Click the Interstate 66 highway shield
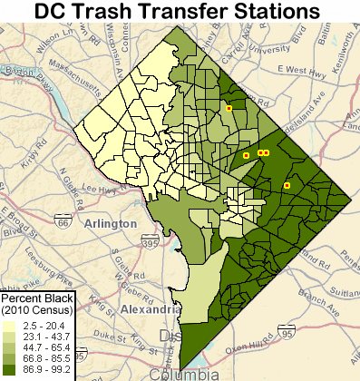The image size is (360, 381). tap(62, 221)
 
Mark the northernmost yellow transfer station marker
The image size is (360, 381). tap(229, 109)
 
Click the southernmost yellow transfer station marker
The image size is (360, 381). tap(287, 185)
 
